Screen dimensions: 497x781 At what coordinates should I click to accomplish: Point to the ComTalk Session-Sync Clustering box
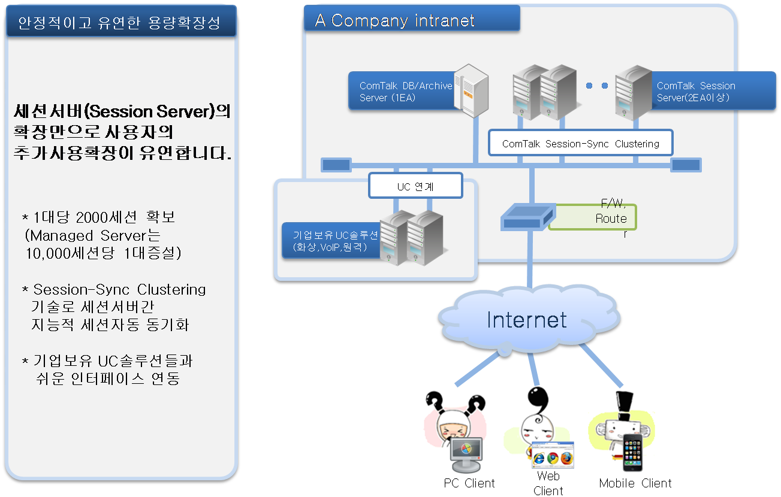point(580,144)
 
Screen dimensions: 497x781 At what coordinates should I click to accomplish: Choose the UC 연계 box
point(415,186)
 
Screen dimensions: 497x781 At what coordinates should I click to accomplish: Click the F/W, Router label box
point(592,217)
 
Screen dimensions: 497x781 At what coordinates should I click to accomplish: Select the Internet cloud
point(526,319)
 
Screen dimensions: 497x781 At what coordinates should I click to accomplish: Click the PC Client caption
point(469,483)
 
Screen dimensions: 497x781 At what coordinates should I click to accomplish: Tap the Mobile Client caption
point(635,483)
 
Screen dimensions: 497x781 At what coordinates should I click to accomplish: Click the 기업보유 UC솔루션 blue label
point(331,240)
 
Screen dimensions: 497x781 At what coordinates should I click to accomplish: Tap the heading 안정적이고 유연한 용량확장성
point(119,23)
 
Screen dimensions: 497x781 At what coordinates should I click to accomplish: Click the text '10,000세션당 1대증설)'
point(104,253)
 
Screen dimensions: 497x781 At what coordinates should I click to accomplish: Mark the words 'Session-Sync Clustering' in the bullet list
point(119,290)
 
